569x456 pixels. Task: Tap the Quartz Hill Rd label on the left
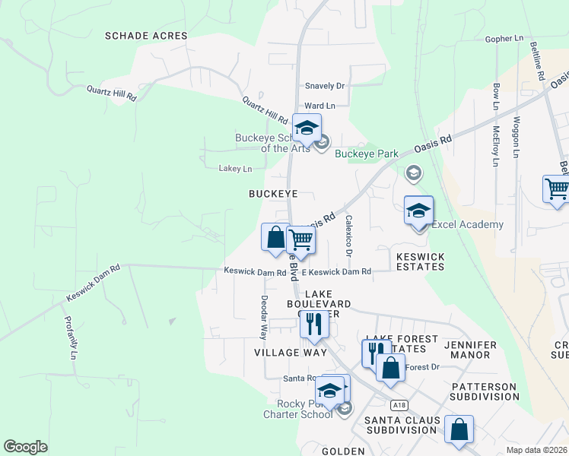[x=111, y=93]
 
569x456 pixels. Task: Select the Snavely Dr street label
[x=325, y=87]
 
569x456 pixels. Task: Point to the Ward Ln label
[x=319, y=106]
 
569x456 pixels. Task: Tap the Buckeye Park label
[x=367, y=154]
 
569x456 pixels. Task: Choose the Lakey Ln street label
[x=235, y=168]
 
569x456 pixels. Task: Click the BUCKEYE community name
[x=273, y=194]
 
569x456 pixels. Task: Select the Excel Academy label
[x=467, y=224]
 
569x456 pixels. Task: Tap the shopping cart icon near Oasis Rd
[x=301, y=241]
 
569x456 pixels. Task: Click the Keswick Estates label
[x=420, y=261]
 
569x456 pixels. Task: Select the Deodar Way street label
[x=265, y=316]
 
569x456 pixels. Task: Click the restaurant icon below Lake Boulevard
[x=313, y=324]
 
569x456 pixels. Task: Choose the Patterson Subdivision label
[x=485, y=391]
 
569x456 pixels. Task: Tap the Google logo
[x=25, y=447]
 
